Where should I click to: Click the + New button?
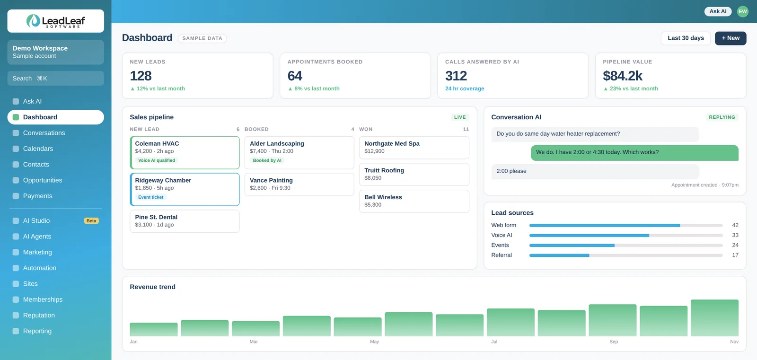(x=731, y=38)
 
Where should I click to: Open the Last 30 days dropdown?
(x=686, y=38)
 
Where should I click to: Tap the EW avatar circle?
(x=742, y=11)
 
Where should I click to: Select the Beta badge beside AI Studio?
(x=91, y=221)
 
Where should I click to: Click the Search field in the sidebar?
(x=56, y=79)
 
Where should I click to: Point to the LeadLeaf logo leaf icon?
(x=33, y=21)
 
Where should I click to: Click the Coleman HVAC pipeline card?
(x=185, y=152)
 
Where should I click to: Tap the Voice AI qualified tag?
(x=157, y=160)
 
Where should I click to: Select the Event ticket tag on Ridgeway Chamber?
(x=151, y=197)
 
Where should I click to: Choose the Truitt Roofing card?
(x=414, y=175)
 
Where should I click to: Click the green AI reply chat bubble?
(x=634, y=152)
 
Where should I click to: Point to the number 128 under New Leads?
(x=141, y=76)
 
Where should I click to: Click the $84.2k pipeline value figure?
(x=623, y=76)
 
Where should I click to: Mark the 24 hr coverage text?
(x=465, y=88)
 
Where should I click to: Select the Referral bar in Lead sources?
(x=559, y=255)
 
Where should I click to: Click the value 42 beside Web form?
(x=735, y=225)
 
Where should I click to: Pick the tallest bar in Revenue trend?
(x=714, y=318)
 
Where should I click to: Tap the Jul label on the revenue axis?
(x=494, y=342)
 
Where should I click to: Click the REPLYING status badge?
(x=722, y=117)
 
